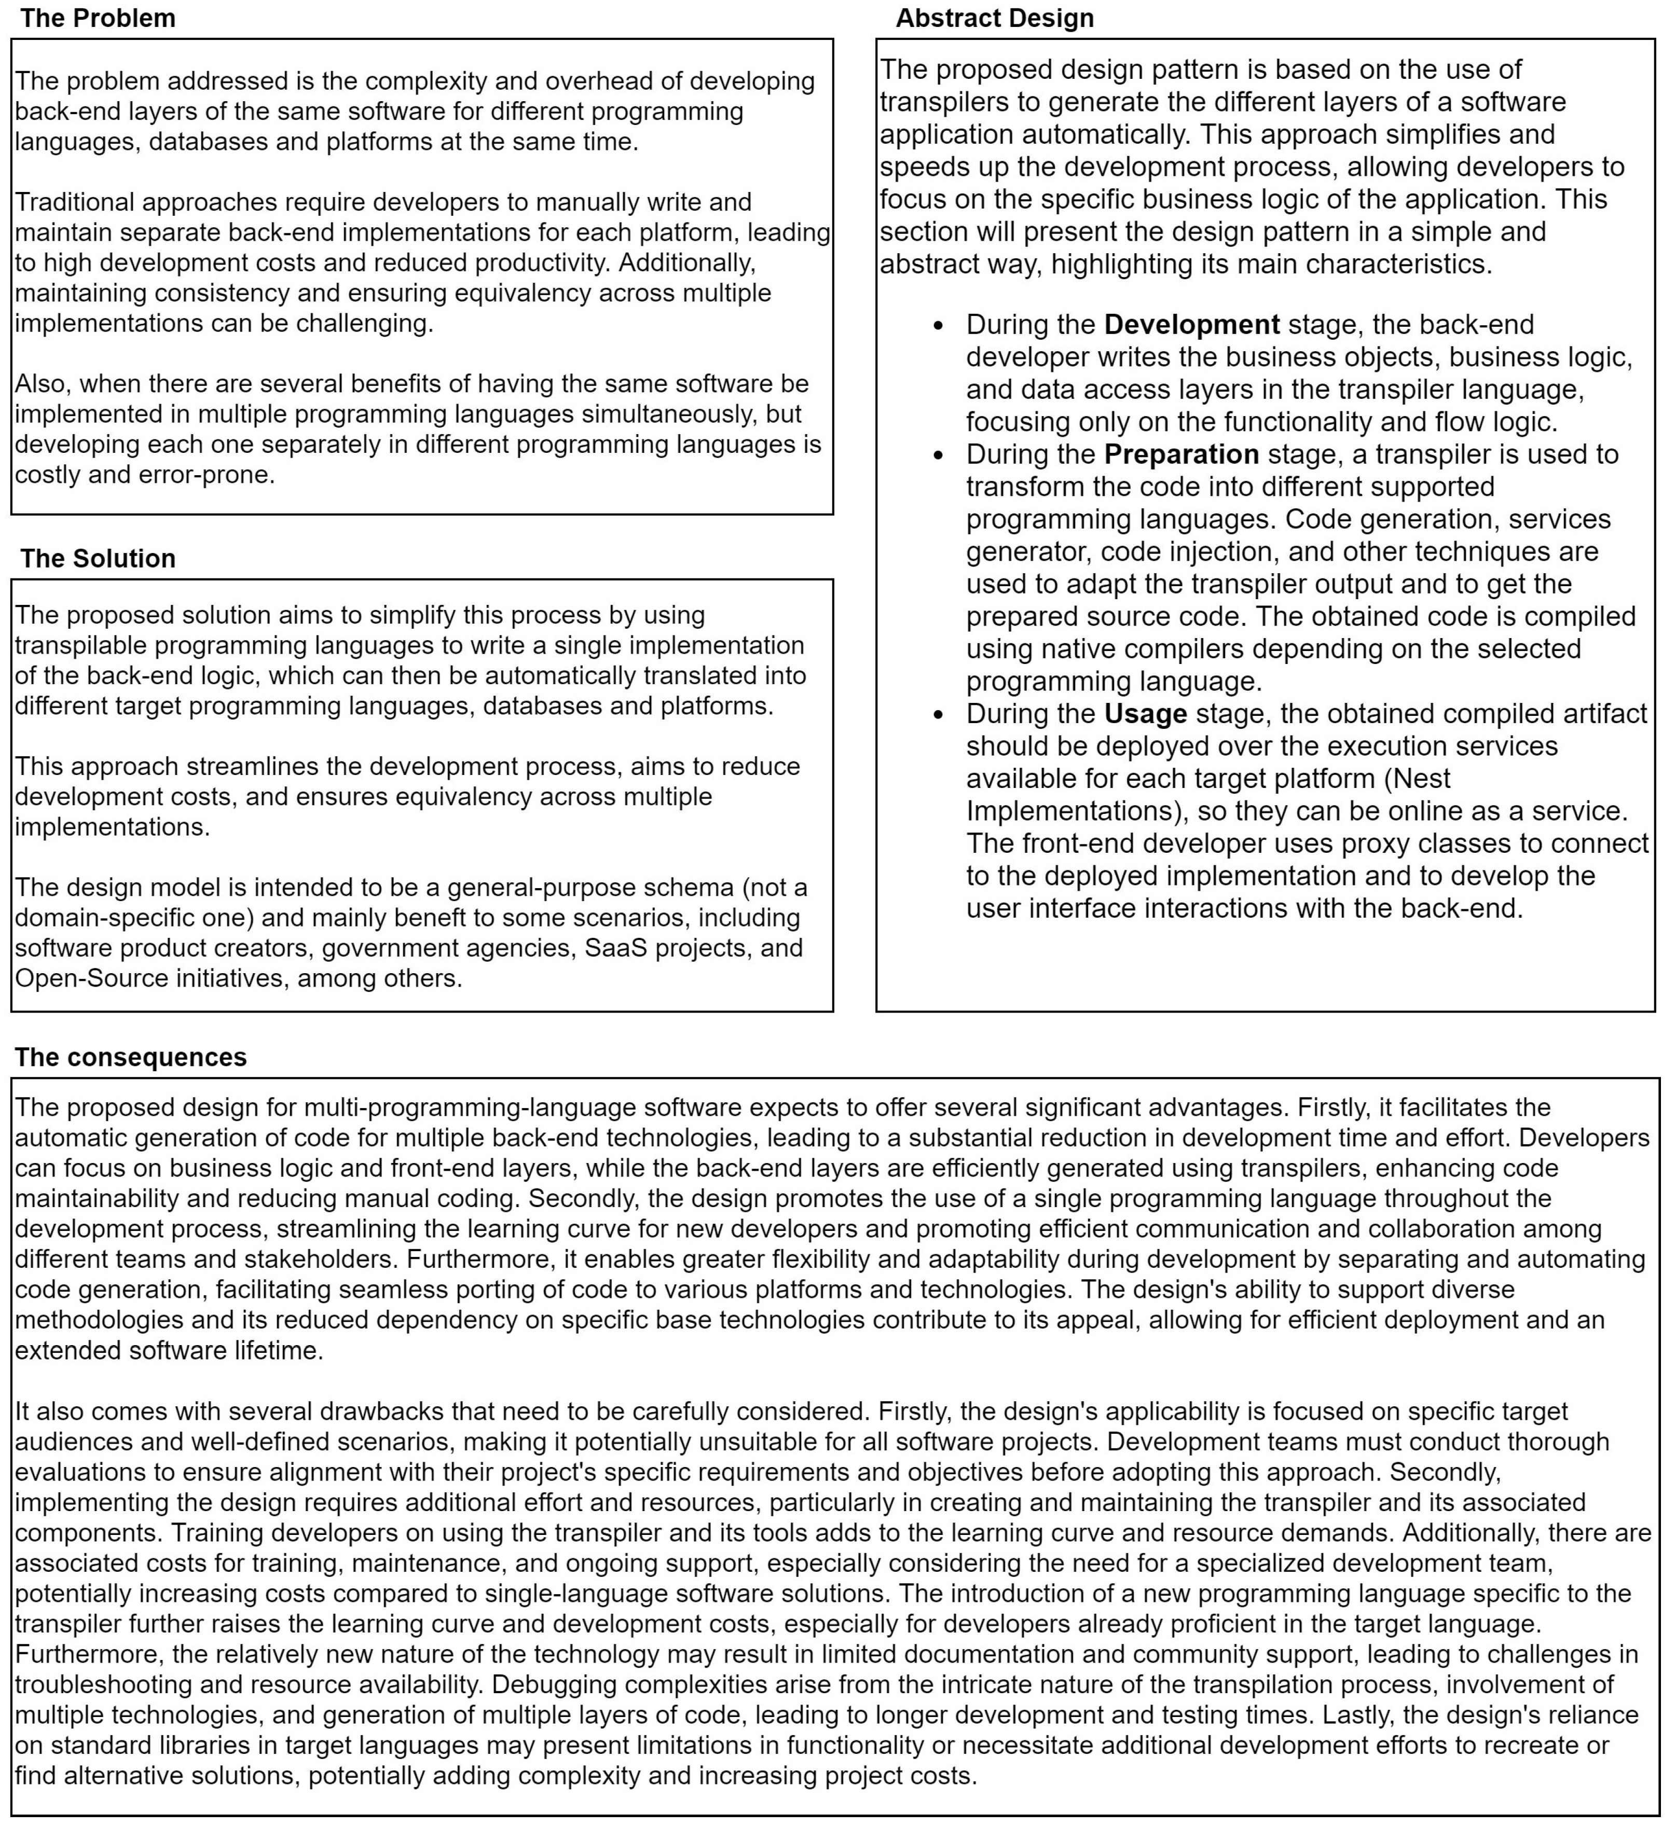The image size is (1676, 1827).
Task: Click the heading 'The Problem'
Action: coord(98,18)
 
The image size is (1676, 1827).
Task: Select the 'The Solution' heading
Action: coord(98,559)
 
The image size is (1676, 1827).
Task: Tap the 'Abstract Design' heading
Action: coord(995,18)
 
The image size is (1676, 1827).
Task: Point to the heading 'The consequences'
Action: coord(131,1057)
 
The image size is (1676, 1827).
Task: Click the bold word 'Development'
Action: coord(1192,325)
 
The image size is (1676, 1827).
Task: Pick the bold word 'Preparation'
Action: coord(1181,454)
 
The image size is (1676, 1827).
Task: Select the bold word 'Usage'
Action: coord(1146,714)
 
